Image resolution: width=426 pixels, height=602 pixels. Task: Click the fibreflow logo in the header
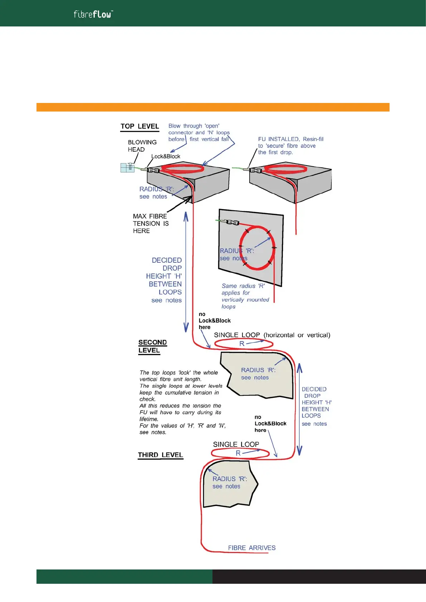tap(93, 14)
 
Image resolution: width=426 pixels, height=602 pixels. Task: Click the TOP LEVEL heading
tap(139, 127)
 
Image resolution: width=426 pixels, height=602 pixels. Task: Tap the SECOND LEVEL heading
tap(152, 346)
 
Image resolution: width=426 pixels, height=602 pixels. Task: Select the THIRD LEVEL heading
tap(160, 455)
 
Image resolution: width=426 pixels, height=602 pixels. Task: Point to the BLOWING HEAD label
tap(142, 146)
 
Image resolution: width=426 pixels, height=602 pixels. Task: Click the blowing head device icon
tap(127, 167)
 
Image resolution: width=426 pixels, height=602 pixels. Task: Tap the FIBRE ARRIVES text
tap(251, 548)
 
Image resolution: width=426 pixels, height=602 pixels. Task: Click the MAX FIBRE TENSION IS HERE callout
tap(151, 223)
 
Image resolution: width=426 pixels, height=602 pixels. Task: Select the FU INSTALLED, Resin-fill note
tap(290, 145)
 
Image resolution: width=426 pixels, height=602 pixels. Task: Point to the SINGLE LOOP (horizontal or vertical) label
tap(272, 335)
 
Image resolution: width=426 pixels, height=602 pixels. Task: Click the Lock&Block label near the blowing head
tap(166, 156)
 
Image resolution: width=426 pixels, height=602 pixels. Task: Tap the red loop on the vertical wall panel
tap(257, 248)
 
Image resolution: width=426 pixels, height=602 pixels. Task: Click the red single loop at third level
tap(240, 453)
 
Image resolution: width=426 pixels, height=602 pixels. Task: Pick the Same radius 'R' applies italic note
tap(245, 296)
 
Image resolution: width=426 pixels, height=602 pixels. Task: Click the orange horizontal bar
tap(213, 107)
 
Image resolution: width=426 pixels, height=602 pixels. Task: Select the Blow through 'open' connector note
tap(199, 132)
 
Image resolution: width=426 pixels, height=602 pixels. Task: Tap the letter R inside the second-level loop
tap(242, 344)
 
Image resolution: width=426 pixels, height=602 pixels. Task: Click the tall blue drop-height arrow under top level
tap(186, 272)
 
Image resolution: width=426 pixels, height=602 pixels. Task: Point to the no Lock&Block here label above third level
tap(270, 424)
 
